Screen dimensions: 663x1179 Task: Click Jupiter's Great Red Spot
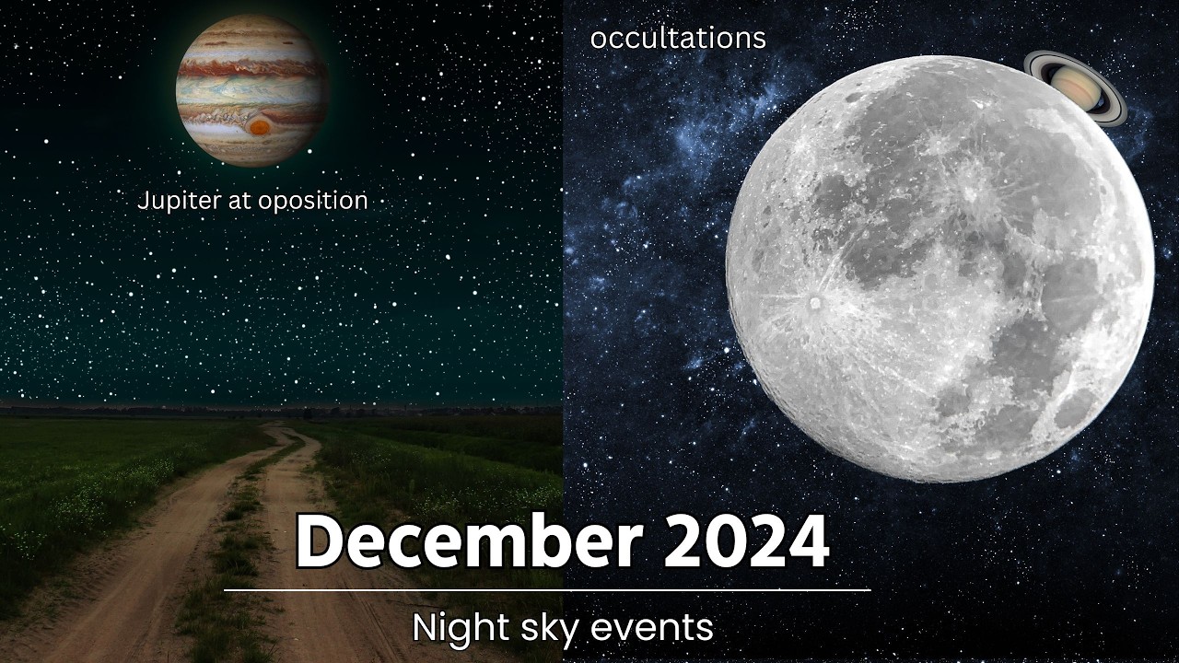click(x=260, y=126)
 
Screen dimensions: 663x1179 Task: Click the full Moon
click(x=940, y=267)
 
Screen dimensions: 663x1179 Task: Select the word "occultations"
click(x=678, y=38)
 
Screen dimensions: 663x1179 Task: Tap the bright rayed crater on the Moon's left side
click(x=813, y=301)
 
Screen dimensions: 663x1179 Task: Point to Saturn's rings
click(x=1115, y=101)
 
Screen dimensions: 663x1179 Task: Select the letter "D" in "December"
click(x=317, y=542)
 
